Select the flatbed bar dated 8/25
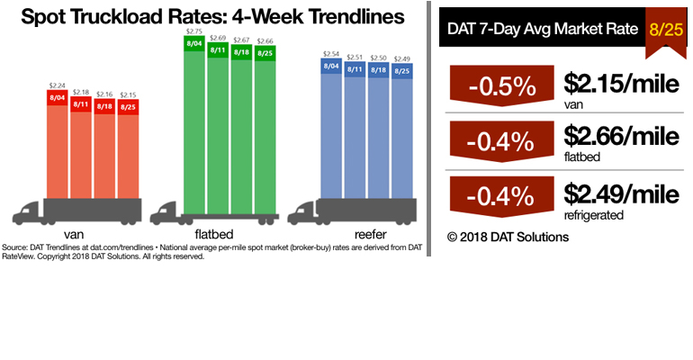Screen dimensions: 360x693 click(x=265, y=126)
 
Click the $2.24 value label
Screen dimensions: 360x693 click(x=58, y=87)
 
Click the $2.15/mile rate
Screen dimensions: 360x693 click(x=622, y=84)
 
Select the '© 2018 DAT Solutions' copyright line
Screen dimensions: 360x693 click(x=508, y=237)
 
